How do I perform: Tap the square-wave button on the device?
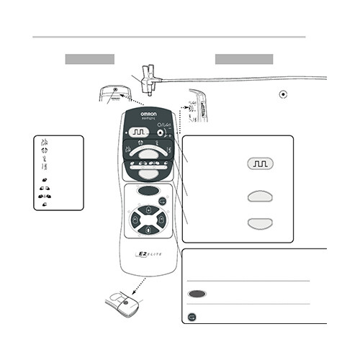(x=139, y=132)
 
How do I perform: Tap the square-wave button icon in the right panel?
(x=260, y=164)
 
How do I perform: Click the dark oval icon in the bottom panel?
(x=198, y=294)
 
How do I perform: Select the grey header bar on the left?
(x=90, y=58)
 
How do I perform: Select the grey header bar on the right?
(x=244, y=58)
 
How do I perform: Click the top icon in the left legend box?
(x=43, y=140)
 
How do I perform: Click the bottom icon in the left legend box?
(x=45, y=204)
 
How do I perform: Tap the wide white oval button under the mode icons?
(x=148, y=153)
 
